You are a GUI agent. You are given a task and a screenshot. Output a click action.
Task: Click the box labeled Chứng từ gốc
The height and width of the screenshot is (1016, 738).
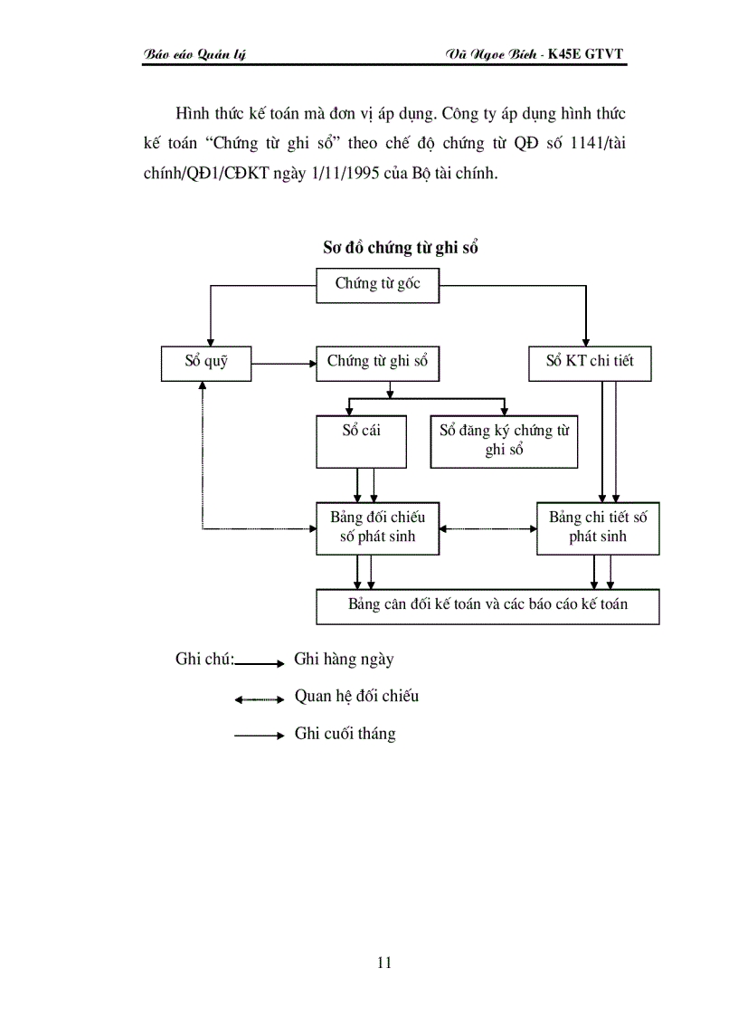click(x=378, y=285)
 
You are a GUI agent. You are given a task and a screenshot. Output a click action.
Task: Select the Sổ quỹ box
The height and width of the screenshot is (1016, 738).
click(x=206, y=363)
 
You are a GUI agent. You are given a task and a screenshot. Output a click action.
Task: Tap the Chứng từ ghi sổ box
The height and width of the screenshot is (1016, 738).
click(x=378, y=363)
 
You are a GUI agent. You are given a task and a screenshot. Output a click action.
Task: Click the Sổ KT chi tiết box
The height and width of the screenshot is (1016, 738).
click(x=590, y=363)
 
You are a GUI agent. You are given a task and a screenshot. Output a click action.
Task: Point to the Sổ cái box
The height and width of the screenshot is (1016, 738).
click(x=361, y=442)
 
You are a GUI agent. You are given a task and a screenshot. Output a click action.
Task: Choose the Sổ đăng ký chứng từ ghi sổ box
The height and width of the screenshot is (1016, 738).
click(x=504, y=442)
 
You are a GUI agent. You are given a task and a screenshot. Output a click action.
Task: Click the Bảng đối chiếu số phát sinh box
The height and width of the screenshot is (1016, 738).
click(x=377, y=528)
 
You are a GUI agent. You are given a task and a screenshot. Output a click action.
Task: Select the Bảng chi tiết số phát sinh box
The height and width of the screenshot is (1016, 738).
click(x=598, y=528)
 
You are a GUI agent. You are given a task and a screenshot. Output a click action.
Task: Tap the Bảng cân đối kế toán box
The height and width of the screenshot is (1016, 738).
click(x=487, y=606)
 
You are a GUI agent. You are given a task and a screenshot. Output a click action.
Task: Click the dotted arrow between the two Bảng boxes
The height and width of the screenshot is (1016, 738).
click(x=487, y=528)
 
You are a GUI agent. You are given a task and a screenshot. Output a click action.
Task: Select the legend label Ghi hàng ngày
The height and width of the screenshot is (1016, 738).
click(x=344, y=660)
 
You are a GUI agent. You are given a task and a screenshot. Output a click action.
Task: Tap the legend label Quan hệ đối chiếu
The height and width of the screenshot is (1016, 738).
click(x=356, y=697)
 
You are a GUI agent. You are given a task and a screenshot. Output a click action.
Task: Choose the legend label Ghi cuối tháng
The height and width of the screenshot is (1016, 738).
click(x=345, y=734)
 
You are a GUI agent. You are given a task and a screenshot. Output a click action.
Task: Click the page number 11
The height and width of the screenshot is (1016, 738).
click(x=383, y=963)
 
